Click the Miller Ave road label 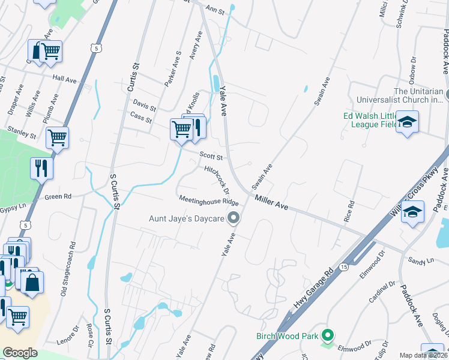pos(271,202)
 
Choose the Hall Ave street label pos(64,79)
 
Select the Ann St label pos(214,9)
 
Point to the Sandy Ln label pos(420,262)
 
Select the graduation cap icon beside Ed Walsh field pos(408,122)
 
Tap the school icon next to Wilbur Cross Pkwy pos(413,212)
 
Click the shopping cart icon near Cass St pos(181,129)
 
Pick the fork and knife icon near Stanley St pos(41,167)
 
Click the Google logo pos(20,353)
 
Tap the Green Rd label pos(58,196)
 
